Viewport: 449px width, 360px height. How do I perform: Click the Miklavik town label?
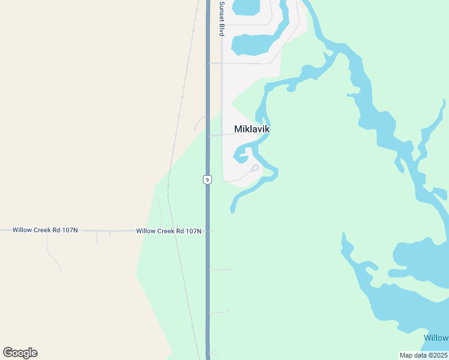pyautogui.click(x=252, y=129)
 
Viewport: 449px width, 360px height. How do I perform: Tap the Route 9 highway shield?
pyautogui.click(x=207, y=179)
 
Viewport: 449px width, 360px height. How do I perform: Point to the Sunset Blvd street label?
pyautogui.click(x=221, y=18)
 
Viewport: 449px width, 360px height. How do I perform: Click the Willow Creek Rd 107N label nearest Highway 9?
pyautogui.click(x=168, y=231)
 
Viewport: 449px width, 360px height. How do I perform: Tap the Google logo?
pyautogui.click(x=20, y=353)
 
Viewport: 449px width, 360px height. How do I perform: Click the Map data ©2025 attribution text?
pyautogui.click(x=424, y=355)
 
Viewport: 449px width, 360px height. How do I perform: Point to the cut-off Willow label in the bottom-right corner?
pyautogui.click(x=436, y=338)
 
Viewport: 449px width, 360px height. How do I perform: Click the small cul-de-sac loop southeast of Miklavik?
pyautogui.click(x=255, y=168)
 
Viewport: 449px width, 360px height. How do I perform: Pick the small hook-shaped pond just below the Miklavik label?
pyautogui.click(x=241, y=157)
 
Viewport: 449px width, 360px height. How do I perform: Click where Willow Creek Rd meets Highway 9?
pyautogui.click(x=208, y=231)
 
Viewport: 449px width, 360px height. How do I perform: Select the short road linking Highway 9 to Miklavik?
pyautogui.click(x=220, y=135)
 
